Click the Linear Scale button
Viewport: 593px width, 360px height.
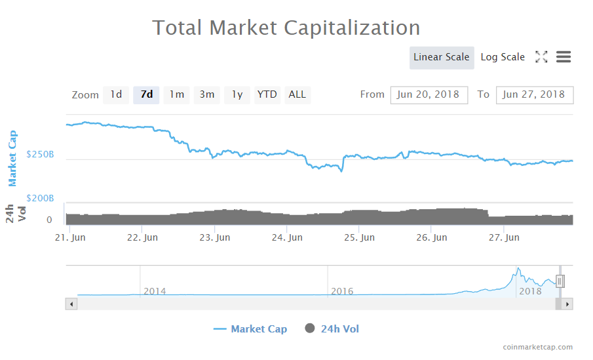(x=442, y=57)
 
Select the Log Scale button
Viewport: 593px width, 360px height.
(x=503, y=57)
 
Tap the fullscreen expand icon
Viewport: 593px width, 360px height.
(x=541, y=57)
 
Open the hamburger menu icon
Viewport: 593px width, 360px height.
(x=564, y=57)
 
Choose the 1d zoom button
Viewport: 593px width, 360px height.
(x=116, y=94)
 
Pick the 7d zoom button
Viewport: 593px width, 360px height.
(x=146, y=94)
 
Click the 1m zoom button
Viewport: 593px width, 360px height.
(x=176, y=94)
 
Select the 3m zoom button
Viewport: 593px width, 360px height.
(x=207, y=94)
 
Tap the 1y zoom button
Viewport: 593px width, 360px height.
(x=237, y=94)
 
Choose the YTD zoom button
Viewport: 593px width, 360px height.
(x=267, y=94)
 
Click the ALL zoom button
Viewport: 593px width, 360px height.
(x=297, y=94)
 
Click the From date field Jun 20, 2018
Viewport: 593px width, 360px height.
(x=429, y=94)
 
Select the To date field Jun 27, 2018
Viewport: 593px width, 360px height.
(x=534, y=94)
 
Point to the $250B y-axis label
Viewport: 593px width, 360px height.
(x=40, y=155)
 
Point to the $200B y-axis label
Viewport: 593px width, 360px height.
(x=40, y=198)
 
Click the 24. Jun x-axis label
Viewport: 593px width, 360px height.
(x=288, y=237)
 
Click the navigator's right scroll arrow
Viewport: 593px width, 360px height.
(x=568, y=304)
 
